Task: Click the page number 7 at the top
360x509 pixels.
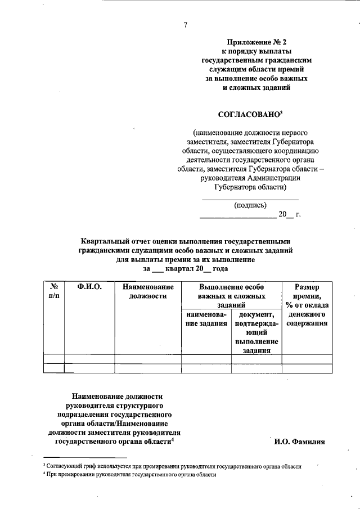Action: click(185, 24)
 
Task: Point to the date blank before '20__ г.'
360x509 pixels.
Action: click(237, 216)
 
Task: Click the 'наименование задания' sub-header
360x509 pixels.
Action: click(206, 319)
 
